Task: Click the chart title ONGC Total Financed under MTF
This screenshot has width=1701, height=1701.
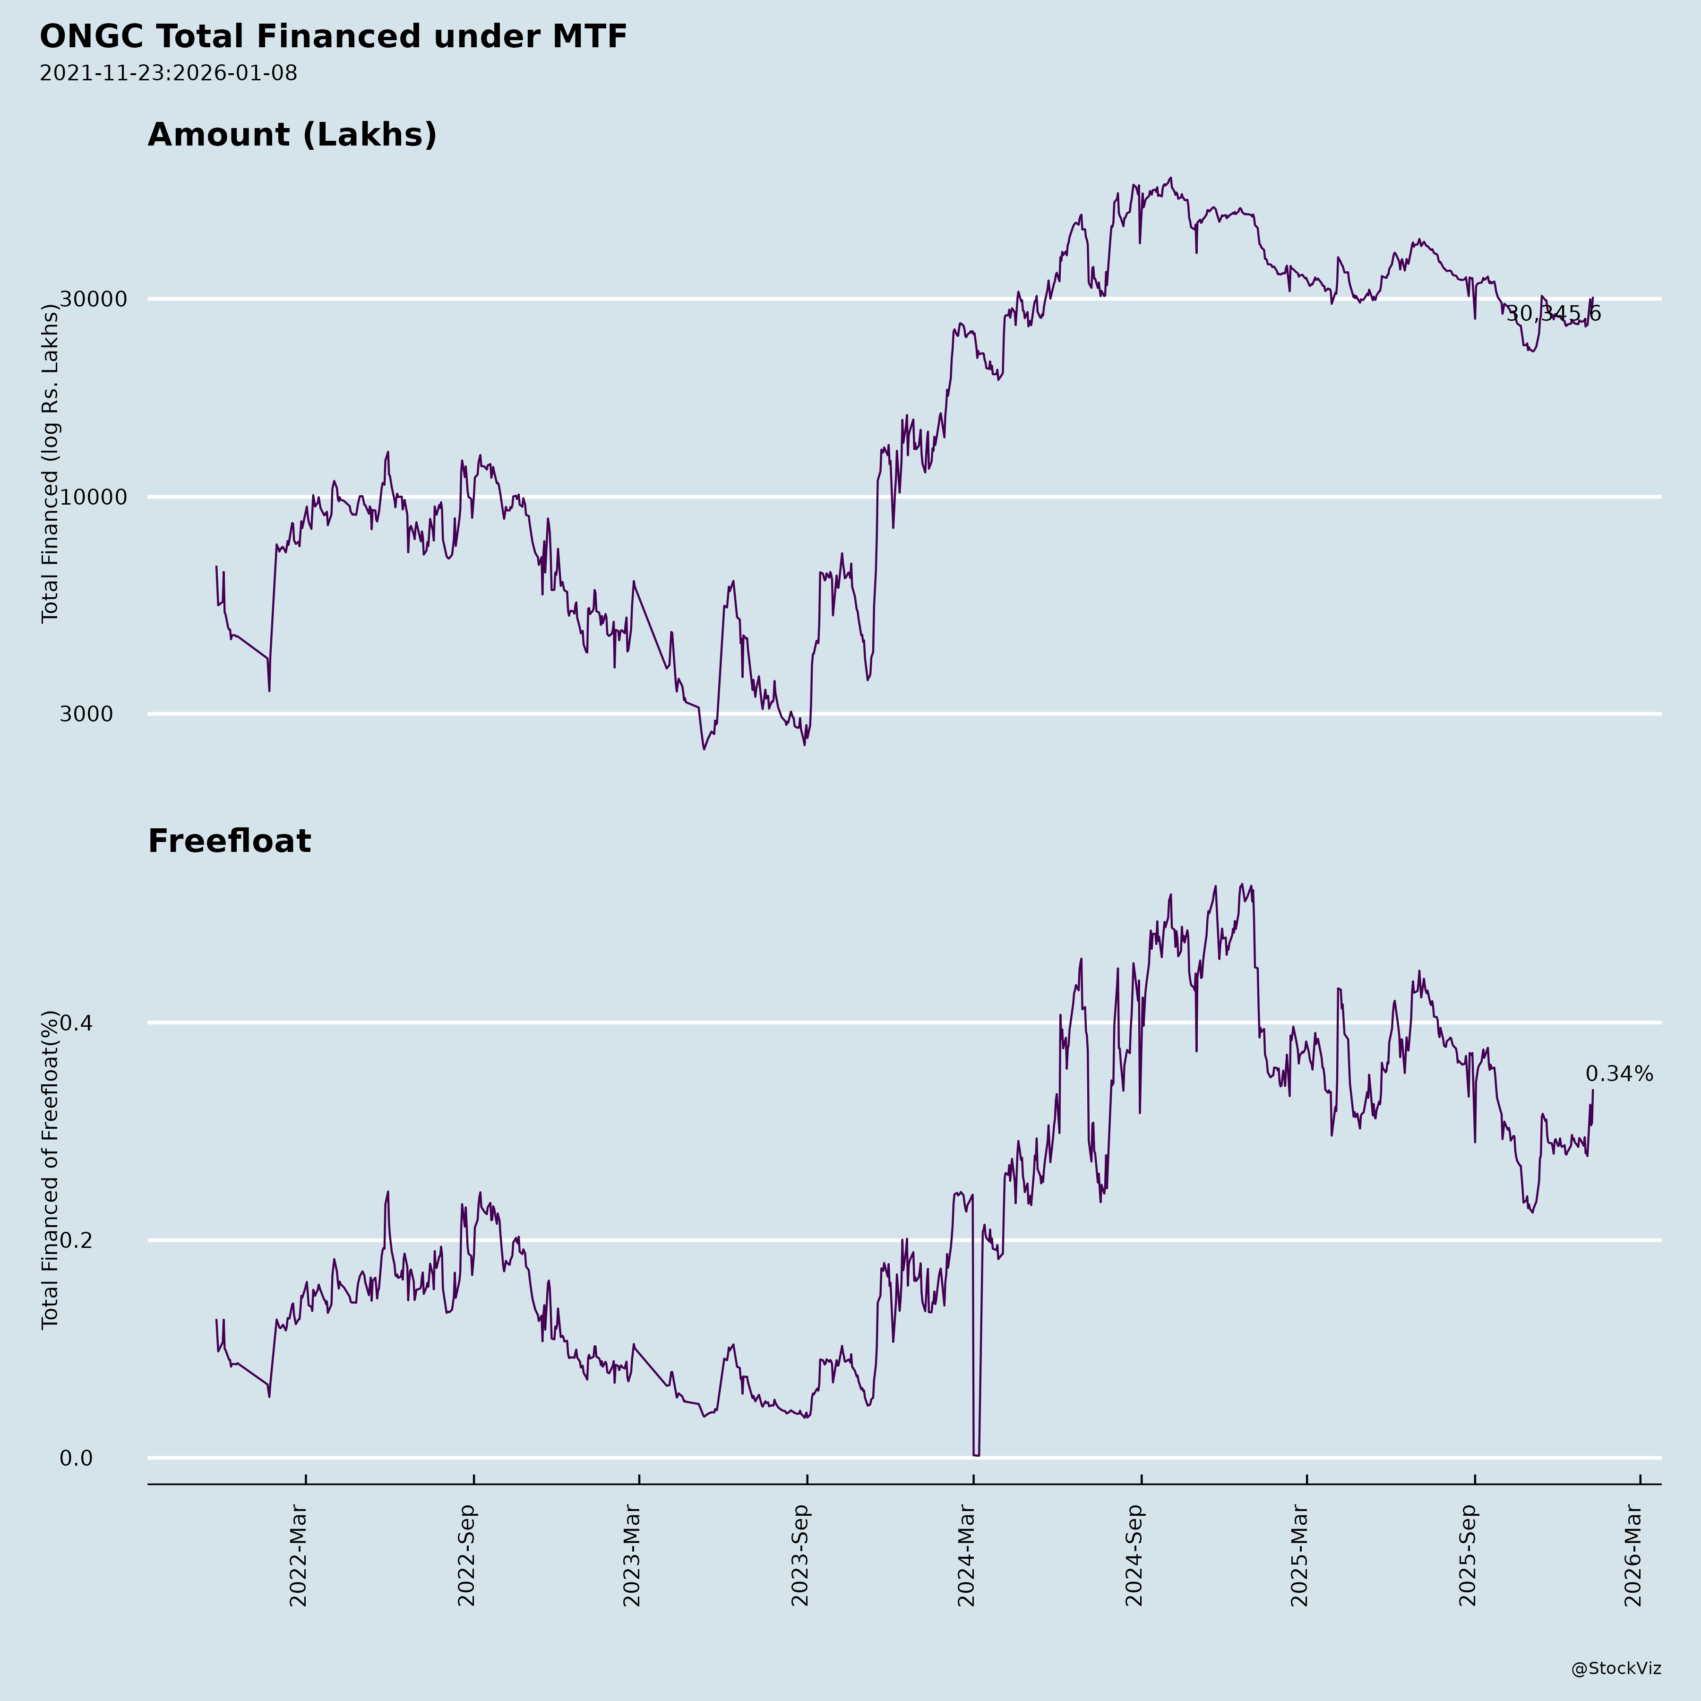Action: (x=333, y=37)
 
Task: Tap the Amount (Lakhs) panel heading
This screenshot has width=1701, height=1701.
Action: (x=292, y=135)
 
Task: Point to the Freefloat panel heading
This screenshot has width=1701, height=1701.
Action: (x=229, y=841)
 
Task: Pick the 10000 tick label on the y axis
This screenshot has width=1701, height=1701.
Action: (x=94, y=498)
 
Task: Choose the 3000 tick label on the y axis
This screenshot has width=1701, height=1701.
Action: (x=86, y=714)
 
